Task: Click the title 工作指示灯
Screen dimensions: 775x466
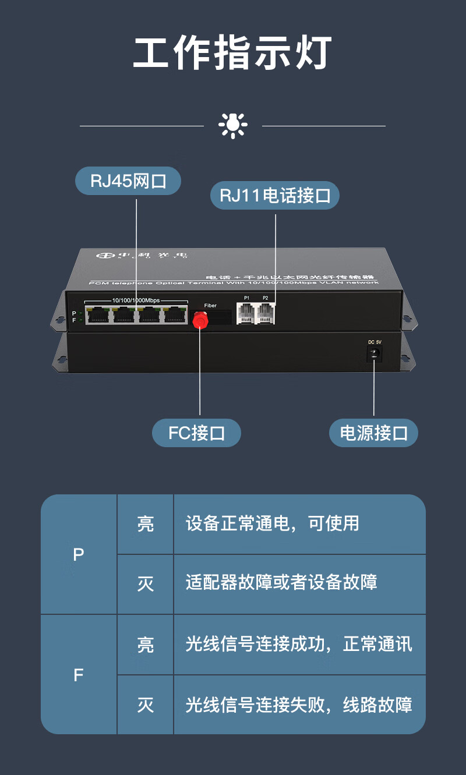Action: [232, 53]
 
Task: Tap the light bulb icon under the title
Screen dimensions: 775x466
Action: [232, 125]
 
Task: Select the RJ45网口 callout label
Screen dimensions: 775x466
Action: [128, 181]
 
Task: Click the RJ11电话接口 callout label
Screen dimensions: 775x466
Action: [275, 196]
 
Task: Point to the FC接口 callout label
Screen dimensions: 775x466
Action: [196, 433]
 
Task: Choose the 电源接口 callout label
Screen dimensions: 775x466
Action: [373, 433]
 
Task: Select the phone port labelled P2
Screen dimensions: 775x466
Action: [266, 313]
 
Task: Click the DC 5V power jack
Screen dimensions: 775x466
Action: [374, 353]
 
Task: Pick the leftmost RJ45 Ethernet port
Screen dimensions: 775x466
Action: [96, 315]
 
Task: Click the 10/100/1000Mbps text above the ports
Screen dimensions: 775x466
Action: [136, 300]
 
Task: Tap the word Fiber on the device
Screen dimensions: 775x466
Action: [210, 306]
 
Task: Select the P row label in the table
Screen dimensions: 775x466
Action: [79, 555]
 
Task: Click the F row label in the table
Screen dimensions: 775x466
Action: [79, 675]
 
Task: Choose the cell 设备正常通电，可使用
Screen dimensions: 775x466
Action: [272, 523]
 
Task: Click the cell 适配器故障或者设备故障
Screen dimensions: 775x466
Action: [281, 582]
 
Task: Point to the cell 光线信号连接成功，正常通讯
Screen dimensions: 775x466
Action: [299, 644]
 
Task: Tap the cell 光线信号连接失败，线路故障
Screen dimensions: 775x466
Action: [299, 705]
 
